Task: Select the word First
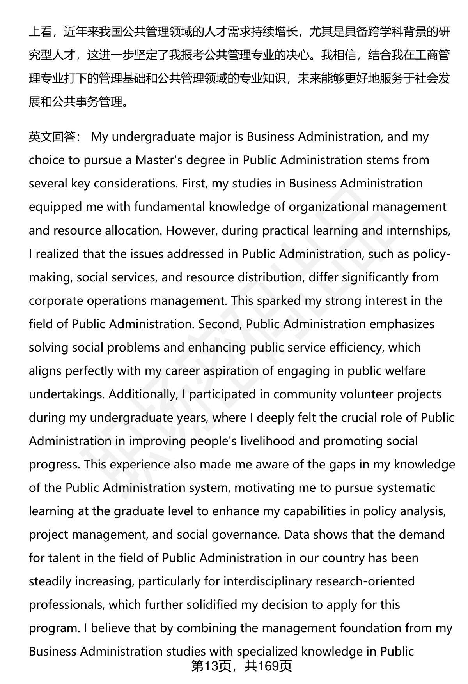(x=193, y=184)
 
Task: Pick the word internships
(x=418, y=230)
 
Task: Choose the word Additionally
(x=143, y=394)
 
